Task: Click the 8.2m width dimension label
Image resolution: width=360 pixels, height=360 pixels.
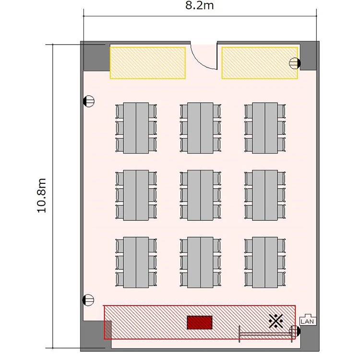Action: pos(200,5)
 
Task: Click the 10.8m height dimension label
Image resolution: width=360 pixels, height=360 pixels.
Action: pos(42,195)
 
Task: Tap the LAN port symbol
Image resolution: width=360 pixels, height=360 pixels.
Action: pos(308,319)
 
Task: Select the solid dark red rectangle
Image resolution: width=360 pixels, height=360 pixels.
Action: pos(200,323)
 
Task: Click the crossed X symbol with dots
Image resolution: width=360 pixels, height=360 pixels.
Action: pos(276,321)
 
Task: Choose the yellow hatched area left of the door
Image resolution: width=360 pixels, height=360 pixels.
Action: pos(148,63)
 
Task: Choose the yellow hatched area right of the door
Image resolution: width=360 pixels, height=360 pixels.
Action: pos(260,63)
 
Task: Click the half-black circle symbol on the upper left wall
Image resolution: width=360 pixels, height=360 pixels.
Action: pos(89,101)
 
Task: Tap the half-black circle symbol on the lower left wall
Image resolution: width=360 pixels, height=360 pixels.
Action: pos(88,300)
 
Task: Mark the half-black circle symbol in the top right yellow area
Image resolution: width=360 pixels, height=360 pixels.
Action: pos(295,63)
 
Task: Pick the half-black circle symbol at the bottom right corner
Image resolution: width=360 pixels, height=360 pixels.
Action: pos(295,331)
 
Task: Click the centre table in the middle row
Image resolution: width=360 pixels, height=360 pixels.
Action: pos(200,195)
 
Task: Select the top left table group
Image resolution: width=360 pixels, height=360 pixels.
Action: pos(136,128)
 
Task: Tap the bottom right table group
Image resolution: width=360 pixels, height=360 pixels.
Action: pos(265,263)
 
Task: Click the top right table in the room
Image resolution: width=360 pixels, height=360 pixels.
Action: pos(265,128)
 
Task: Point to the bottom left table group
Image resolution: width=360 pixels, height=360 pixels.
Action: pos(136,263)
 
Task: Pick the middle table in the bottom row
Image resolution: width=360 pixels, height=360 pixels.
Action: pos(200,263)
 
